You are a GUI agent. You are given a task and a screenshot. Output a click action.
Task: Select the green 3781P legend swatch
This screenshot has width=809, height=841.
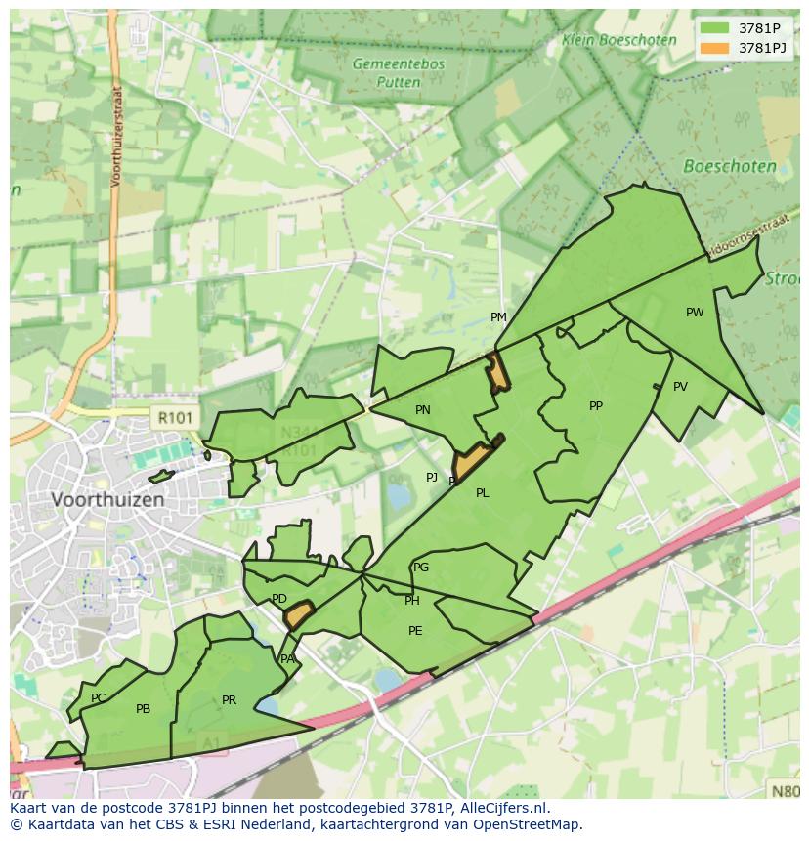pos(714,28)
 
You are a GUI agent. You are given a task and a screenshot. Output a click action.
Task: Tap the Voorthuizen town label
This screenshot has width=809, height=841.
pos(107,498)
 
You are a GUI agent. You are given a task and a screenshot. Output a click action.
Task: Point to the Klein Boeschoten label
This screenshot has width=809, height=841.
pos(618,40)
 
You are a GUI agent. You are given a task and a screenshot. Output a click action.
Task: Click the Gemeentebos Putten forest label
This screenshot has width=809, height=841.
pos(399,73)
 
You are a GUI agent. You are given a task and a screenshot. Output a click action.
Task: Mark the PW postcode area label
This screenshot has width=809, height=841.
pos(695,313)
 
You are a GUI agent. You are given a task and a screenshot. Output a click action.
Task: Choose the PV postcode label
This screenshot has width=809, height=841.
pos(680,387)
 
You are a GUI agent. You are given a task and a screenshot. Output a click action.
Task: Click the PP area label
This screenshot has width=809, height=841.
pos(596,406)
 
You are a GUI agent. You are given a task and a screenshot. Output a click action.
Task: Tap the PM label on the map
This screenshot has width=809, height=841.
pos(498,317)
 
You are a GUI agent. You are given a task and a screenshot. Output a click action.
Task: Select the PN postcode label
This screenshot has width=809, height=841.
pos(422,410)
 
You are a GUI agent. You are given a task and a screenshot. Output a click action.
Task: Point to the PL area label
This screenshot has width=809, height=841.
pos(482,493)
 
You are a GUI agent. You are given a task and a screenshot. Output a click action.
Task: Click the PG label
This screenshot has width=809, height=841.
pos(421,568)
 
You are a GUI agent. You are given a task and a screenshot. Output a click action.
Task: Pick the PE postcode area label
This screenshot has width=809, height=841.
pos(415,631)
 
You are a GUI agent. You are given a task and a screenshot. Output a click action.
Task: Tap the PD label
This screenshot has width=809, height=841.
pos(279,599)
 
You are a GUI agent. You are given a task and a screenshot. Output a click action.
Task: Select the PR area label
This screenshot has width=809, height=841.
pos(229,700)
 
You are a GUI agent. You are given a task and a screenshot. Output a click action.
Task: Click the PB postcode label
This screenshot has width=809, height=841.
pos(143,709)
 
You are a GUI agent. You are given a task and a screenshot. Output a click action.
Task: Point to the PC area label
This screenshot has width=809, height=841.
pos(98,698)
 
